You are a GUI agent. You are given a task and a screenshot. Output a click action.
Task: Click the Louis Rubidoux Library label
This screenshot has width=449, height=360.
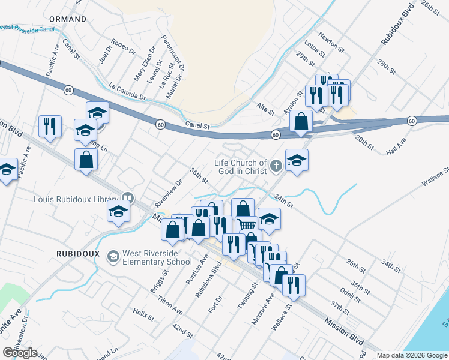76,197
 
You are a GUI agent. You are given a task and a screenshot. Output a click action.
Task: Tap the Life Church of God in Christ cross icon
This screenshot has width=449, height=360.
276,166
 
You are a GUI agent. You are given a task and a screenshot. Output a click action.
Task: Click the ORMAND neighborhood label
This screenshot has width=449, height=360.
68,19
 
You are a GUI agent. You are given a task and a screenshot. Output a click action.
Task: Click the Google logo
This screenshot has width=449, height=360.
20,353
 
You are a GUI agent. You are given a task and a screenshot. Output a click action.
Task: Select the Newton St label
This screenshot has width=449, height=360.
331,41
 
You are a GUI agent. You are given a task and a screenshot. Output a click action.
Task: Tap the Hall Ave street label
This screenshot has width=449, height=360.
396,147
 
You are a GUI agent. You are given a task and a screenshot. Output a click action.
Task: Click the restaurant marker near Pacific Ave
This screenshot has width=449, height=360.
49,125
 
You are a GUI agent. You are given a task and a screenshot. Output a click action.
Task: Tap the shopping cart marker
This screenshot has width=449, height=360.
246,224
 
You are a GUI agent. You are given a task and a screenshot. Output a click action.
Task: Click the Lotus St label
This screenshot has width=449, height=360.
315,49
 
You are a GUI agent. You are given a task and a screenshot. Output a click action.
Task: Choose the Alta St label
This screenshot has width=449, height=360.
265,109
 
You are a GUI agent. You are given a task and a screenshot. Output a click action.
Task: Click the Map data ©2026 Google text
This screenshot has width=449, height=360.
412,355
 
